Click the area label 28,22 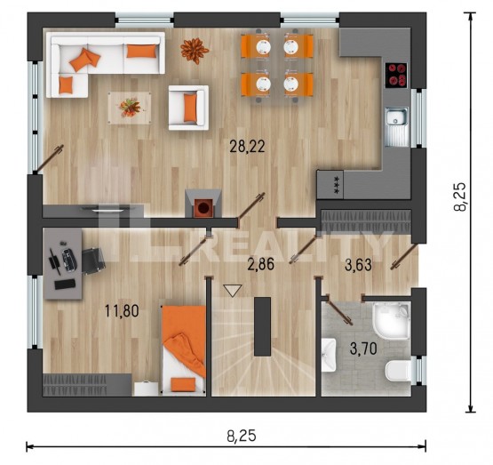click(247, 147)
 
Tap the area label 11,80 click(122, 311)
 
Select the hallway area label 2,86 click(260, 264)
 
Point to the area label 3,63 click(358, 265)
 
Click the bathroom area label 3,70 click(363, 349)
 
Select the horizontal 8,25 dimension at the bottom click(242, 437)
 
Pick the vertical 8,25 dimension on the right click(461, 196)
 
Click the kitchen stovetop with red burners click(396, 76)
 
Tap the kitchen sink click(397, 127)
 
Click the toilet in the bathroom click(398, 372)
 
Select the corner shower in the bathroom click(392, 320)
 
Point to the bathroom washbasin click(329, 355)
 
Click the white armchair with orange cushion click(188, 108)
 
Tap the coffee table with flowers click(130, 108)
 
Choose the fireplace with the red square click(203, 204)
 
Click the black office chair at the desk click(93, 261)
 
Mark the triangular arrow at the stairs click(233, 291)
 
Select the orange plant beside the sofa click(195, 50)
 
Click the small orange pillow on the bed click(183, 384)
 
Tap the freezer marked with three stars click(330, 185)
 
